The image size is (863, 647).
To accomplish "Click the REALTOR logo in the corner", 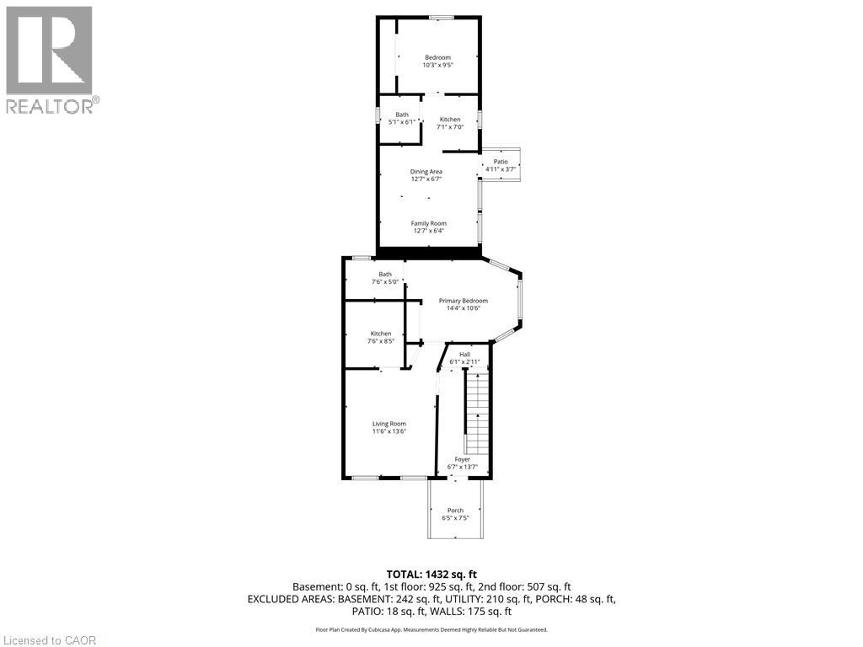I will [x=50, y=60].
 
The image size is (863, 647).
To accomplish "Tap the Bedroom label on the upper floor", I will [x=437, y=57].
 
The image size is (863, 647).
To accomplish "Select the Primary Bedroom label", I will [x=463, y=301].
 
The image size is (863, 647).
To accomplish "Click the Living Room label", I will [x=389, y=424].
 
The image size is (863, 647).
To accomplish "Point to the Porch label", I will [x=455, y=511].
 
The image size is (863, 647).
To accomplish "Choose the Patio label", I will [x=501, y=162].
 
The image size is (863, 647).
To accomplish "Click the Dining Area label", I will [x=426, y=172].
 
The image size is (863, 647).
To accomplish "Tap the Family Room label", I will [x=429, y=223].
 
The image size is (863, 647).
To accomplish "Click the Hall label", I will [x=464, y=355].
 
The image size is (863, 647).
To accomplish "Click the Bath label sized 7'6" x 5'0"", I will [x=385, y=274].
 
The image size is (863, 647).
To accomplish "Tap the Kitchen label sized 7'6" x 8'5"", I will [x=380, y=334].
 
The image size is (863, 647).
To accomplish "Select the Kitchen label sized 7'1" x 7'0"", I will [x=449, y=120].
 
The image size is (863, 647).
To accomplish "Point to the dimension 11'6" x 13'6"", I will [x=389, y=431].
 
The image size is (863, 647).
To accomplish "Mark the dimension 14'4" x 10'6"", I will [x=463, y=308].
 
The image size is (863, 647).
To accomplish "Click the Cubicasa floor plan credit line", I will [x=431, y=629].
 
